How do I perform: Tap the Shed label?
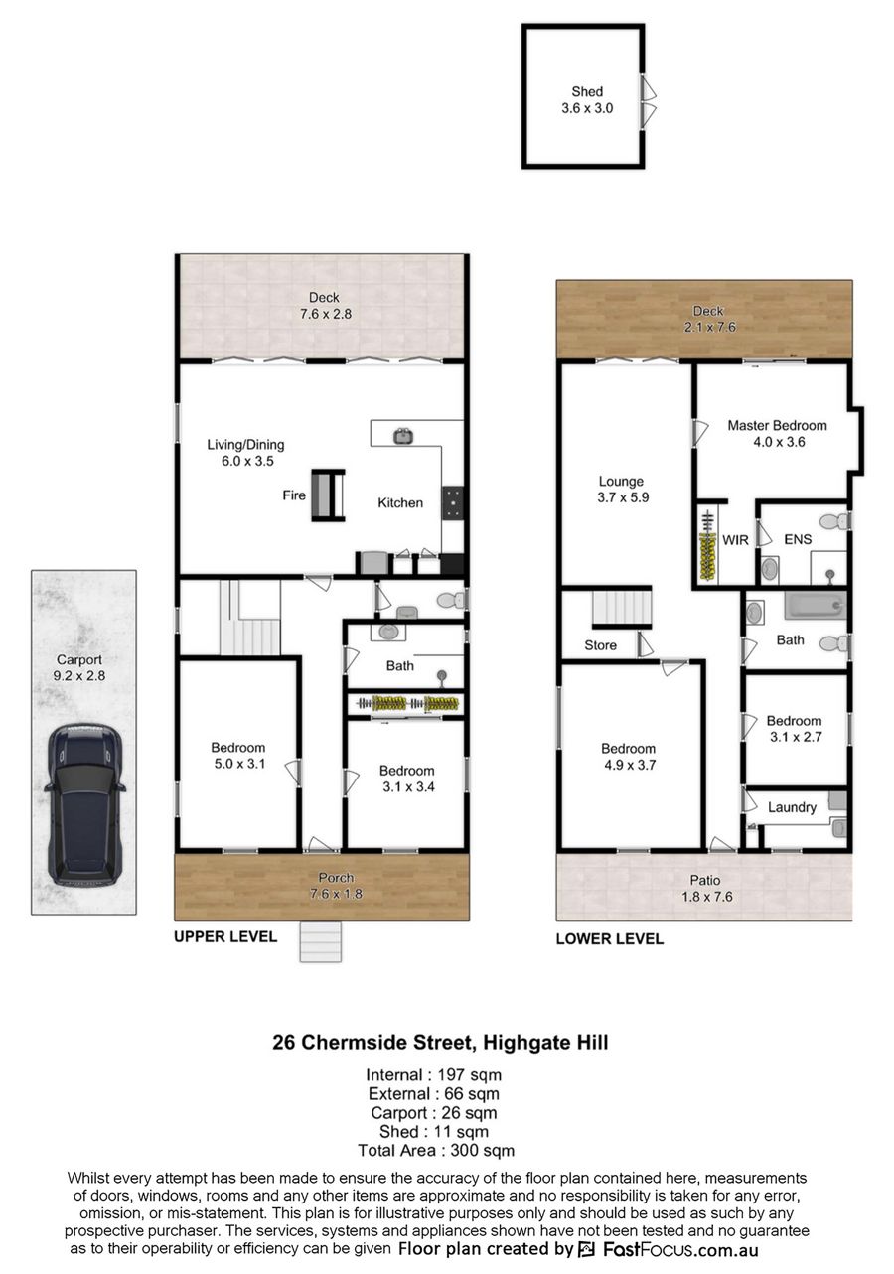(587, 91)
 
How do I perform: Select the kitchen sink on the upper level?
(403, 436)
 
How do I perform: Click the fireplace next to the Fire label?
(328, 495)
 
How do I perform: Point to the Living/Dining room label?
(245, 445)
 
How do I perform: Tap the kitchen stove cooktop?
(452, 502)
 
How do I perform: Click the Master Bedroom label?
(777, 425)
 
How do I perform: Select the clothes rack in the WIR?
(707, 546)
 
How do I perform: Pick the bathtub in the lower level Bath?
(815, 605)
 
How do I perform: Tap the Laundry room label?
(792, 807)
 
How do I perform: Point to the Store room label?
(600, 645)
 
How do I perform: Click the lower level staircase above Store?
(622, 608)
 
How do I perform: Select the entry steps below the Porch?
(321, 942)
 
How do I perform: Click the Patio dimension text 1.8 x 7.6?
(707, 897)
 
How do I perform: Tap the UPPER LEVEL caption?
(225, 936)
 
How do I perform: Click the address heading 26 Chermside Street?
(372, 1042)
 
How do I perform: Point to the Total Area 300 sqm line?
(436, 1151)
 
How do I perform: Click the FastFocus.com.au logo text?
(680, 1249)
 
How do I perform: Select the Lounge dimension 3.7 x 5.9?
(623, 497)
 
